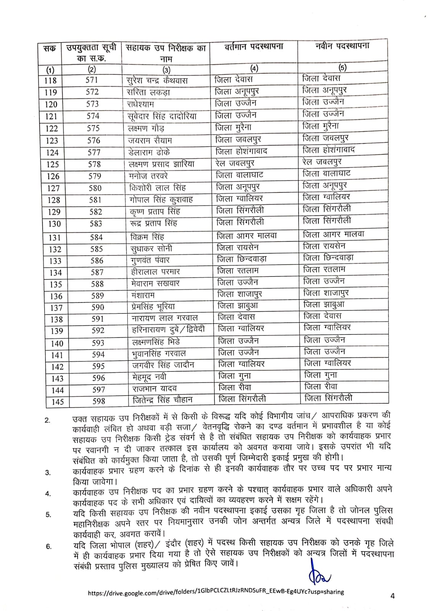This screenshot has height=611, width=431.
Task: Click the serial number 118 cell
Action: click(51, 81)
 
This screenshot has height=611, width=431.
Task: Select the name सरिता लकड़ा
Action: click(148, 92)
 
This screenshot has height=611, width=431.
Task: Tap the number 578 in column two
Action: click(94, 164)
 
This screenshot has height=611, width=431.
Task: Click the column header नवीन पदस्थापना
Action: click(343, 47)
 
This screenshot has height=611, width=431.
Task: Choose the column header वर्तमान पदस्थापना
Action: click(254, 47)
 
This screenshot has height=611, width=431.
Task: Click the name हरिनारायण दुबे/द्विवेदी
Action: click(168, 330)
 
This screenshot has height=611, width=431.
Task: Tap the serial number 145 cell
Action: click(58, 402)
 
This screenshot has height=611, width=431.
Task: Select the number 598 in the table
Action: click(98, 401)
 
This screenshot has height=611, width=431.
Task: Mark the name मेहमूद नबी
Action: click(149, 378)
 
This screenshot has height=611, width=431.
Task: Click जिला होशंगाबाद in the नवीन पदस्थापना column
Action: click(328, 150)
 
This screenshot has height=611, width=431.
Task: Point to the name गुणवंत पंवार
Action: click(150, 260)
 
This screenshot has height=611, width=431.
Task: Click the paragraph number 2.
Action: click(47, 421)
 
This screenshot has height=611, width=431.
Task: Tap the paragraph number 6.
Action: click(48, 546)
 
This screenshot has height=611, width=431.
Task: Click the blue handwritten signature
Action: click(317, 572)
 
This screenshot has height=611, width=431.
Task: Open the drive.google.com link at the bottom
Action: click(215, 592)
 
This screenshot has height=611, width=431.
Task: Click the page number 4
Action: click(392, 596)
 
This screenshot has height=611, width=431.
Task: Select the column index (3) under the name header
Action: click(166, 70)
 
